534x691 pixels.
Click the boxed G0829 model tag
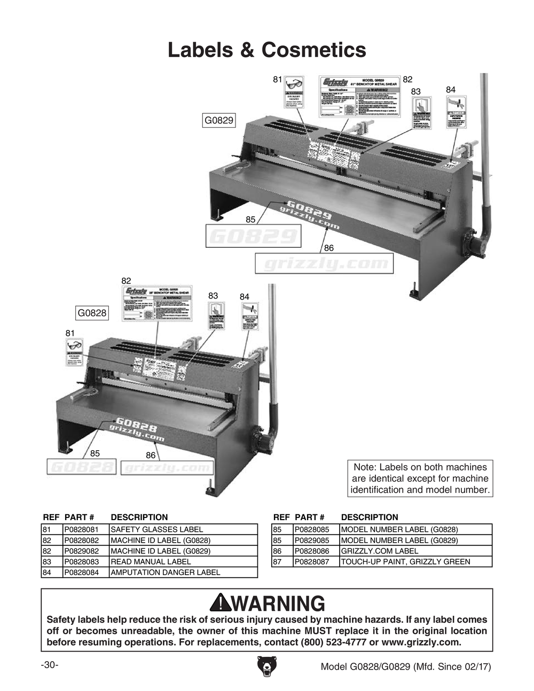click(x=219, y=120)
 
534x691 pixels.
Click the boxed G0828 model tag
click(x=92, y=313)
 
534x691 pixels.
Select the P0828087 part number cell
click(x=316, y=561)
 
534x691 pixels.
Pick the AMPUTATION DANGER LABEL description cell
click(x=183, y=572)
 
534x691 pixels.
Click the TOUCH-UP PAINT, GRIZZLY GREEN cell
click(x=415, y=561)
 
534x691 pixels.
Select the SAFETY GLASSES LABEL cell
click(x=183, y=529)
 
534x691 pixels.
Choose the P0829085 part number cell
click(x=316, y=540)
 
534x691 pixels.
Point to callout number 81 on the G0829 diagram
click(x=277, y=80)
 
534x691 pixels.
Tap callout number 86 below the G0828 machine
click(x=150, y=455)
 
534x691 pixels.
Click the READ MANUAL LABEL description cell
click(x=183, y=561)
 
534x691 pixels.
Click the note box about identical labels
click(x=420, y=478)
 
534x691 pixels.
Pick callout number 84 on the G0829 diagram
click(x=451, y=89)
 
